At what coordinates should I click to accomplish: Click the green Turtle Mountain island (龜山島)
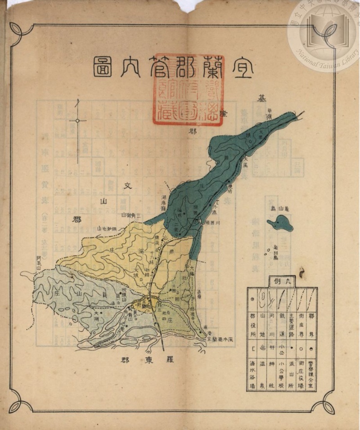point(280,223)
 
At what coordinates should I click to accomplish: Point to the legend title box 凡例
point(282,281)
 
